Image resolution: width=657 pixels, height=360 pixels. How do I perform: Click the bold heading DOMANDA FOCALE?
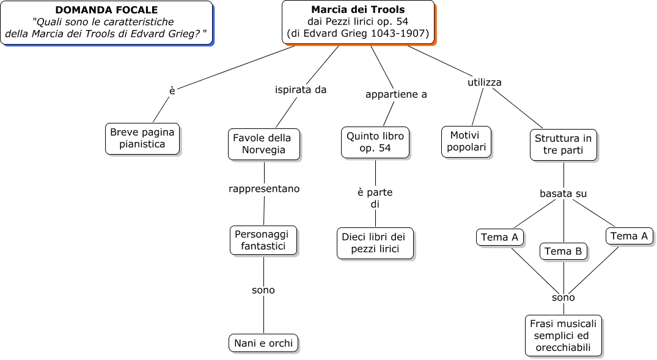point(106,10)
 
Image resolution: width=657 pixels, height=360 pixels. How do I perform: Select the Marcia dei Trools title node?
point(358,22)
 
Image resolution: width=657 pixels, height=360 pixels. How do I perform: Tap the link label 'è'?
point(172,90)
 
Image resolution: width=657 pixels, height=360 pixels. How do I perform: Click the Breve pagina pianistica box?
point(142,138)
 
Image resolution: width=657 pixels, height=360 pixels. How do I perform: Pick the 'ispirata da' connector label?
point(301,90)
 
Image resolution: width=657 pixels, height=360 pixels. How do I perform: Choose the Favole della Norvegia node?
point(263,144)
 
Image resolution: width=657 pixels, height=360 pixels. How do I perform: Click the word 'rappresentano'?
point(264,189)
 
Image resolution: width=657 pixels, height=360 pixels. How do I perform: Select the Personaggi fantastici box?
point(263,240)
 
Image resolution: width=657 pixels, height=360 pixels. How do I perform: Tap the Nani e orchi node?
point(263,343)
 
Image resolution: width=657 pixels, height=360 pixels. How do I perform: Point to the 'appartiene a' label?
point(396,95)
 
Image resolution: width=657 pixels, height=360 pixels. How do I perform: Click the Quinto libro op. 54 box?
point(375,142)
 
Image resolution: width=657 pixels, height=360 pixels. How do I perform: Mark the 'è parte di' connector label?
point(375,198)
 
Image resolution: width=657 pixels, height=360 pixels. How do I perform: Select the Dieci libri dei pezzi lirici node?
point(375,243)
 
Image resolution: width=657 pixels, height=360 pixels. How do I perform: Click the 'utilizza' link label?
point(485,82)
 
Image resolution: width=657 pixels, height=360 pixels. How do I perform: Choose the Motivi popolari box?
point(466,141)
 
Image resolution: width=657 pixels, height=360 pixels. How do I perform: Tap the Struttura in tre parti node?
point(563,144)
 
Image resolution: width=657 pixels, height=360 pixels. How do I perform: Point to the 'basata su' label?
point(563,194)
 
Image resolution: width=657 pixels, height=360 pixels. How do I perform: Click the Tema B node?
point(563,251)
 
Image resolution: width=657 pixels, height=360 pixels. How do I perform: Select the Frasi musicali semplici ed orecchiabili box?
point(563,336)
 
